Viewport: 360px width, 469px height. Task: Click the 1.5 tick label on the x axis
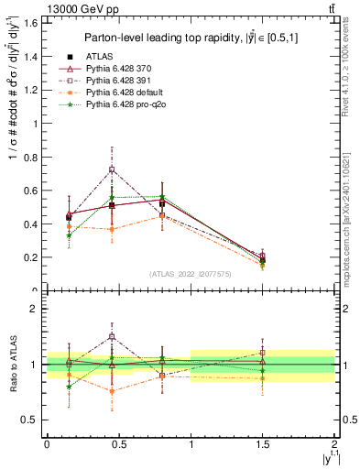262,444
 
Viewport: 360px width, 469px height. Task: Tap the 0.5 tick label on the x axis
117,444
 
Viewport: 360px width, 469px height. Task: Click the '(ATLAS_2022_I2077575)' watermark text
189,274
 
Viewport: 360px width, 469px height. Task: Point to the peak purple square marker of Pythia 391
112,169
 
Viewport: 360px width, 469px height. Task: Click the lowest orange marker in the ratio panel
112,391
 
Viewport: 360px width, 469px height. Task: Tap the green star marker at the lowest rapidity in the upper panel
70,235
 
